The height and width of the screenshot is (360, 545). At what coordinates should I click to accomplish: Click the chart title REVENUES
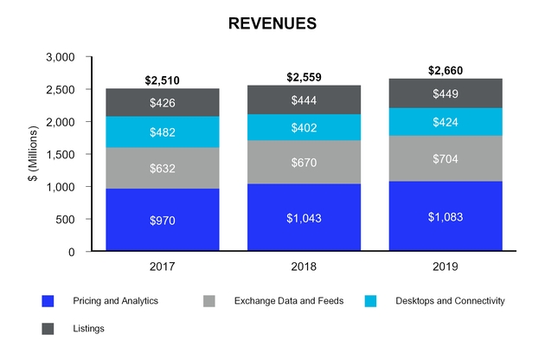[272, 23]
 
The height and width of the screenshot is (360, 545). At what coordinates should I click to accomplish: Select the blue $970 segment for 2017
[163, 221]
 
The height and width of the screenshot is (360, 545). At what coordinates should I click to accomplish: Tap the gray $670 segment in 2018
[303, 163]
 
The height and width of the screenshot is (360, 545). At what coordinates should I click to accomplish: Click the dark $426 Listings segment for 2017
[163, 103]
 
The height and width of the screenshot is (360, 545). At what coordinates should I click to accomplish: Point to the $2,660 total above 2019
[445, 71]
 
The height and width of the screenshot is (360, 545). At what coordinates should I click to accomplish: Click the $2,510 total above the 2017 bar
[163, 81]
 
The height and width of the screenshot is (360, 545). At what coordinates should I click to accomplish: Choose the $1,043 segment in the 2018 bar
[303, 218]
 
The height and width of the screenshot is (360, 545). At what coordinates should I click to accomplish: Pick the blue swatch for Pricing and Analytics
[48, 301]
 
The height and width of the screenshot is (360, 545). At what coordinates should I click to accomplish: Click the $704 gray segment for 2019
[445, 158]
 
